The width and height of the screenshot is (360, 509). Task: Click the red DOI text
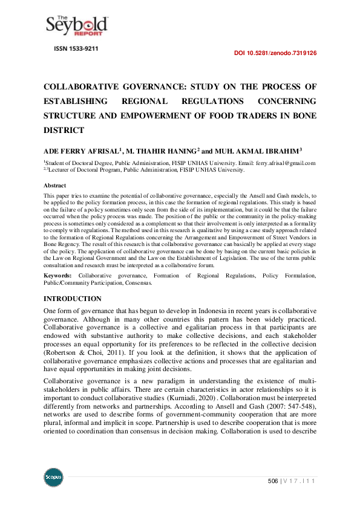pyautogui.click(x=275, y=54)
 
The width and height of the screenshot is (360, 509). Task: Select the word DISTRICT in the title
pyautogui.click(x=64, y=130)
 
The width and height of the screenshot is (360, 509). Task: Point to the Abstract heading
pyautogui.click(x=55, y=186)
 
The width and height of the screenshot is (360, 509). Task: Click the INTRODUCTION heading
pyautogui.click(x=73, y=299)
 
